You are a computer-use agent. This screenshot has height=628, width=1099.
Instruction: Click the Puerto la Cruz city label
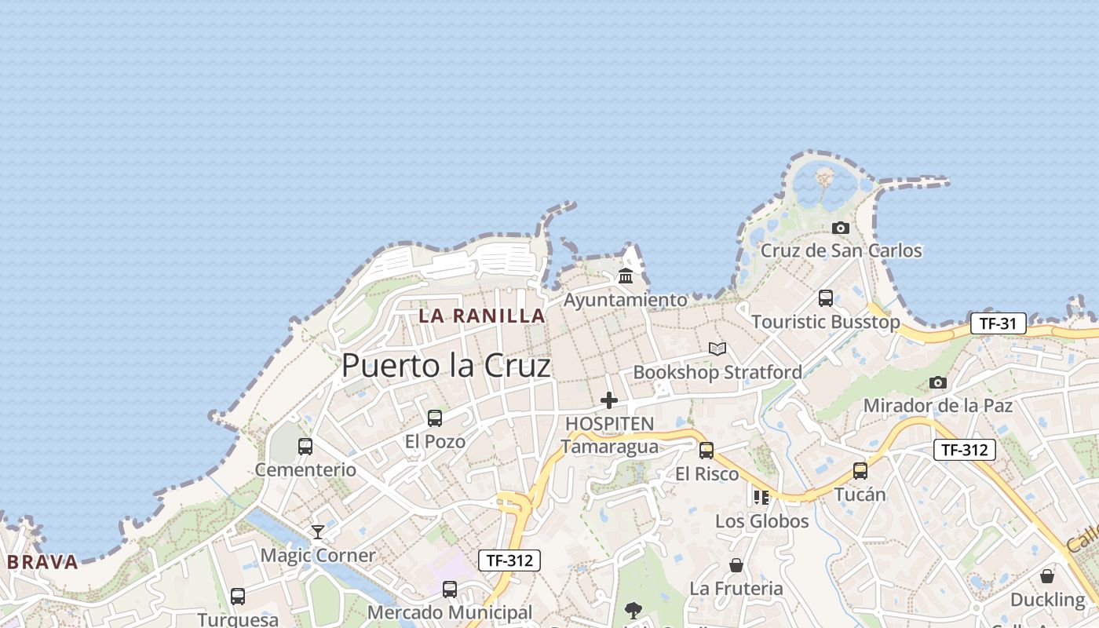click(446, 366)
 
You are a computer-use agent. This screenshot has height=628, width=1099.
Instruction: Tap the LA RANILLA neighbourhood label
click(481, 316)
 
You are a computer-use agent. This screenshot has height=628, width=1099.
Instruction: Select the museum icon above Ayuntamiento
click(626, 276)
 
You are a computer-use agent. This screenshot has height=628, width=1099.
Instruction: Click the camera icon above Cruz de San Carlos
click(841, 228)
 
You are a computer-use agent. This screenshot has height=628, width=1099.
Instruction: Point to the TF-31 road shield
click(998, 323)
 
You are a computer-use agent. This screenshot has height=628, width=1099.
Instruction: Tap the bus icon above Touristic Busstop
click(826, 298)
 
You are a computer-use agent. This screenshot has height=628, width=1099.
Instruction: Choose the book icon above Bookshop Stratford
click(717, 349)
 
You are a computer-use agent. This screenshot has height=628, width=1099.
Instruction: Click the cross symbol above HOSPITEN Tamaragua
click(609, 401)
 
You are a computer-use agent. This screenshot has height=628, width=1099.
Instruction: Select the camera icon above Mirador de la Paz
click(937, 383)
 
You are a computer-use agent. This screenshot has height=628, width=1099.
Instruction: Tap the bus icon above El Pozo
click(435, 418)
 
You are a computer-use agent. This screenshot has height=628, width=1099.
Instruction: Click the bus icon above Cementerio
click(305, 447)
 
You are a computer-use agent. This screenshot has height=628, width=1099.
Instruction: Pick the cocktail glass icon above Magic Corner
click(317, 532)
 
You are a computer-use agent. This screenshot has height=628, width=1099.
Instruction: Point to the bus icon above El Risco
click(706, 451)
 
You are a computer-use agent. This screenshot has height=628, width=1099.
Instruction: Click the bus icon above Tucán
click(860, 471)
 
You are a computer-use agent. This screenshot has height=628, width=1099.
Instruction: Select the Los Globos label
click(761, 521)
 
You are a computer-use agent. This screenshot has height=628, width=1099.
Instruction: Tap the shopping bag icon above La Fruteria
click(736, 565)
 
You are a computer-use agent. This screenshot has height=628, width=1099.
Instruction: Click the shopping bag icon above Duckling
click(1047, 576)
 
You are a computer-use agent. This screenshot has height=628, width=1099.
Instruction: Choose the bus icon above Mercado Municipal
click(450, 590)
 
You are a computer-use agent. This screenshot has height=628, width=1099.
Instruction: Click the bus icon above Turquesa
click(238, 597)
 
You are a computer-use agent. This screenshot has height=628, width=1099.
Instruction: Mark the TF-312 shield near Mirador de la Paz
click(965, 450)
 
